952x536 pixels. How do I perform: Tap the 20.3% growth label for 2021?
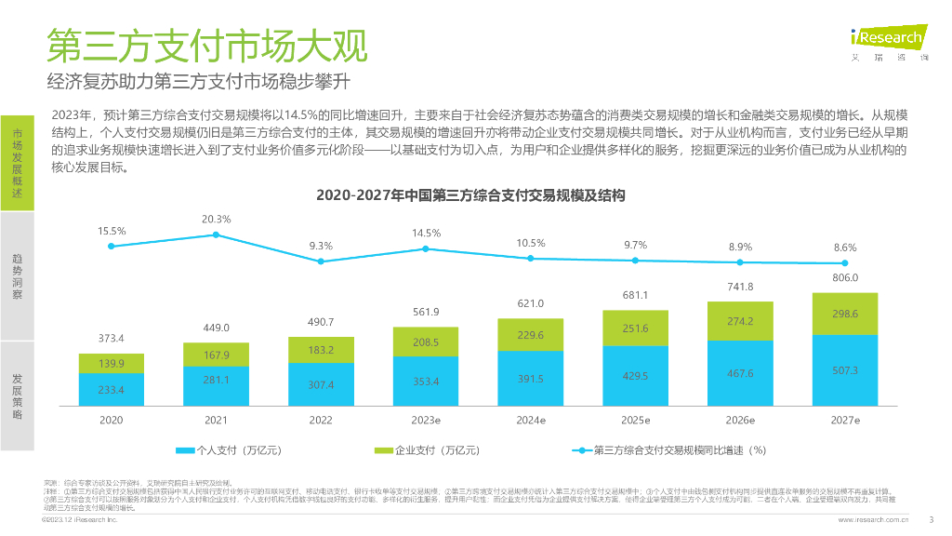[216, 220]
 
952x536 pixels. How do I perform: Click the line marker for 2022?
[321, 261]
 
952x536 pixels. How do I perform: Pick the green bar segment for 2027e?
[845, 314]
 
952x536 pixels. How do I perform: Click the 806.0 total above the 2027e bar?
[845, 277]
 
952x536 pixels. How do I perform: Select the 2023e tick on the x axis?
[426, 421]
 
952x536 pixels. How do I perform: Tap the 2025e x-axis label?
[636, 421]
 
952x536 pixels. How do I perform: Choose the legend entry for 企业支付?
[427, 450]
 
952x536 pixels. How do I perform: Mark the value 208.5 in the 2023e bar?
[426, 342]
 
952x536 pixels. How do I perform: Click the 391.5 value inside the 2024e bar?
[531, 379]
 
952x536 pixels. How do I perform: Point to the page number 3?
[932, 519]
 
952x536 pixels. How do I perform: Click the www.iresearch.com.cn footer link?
[873, 520]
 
